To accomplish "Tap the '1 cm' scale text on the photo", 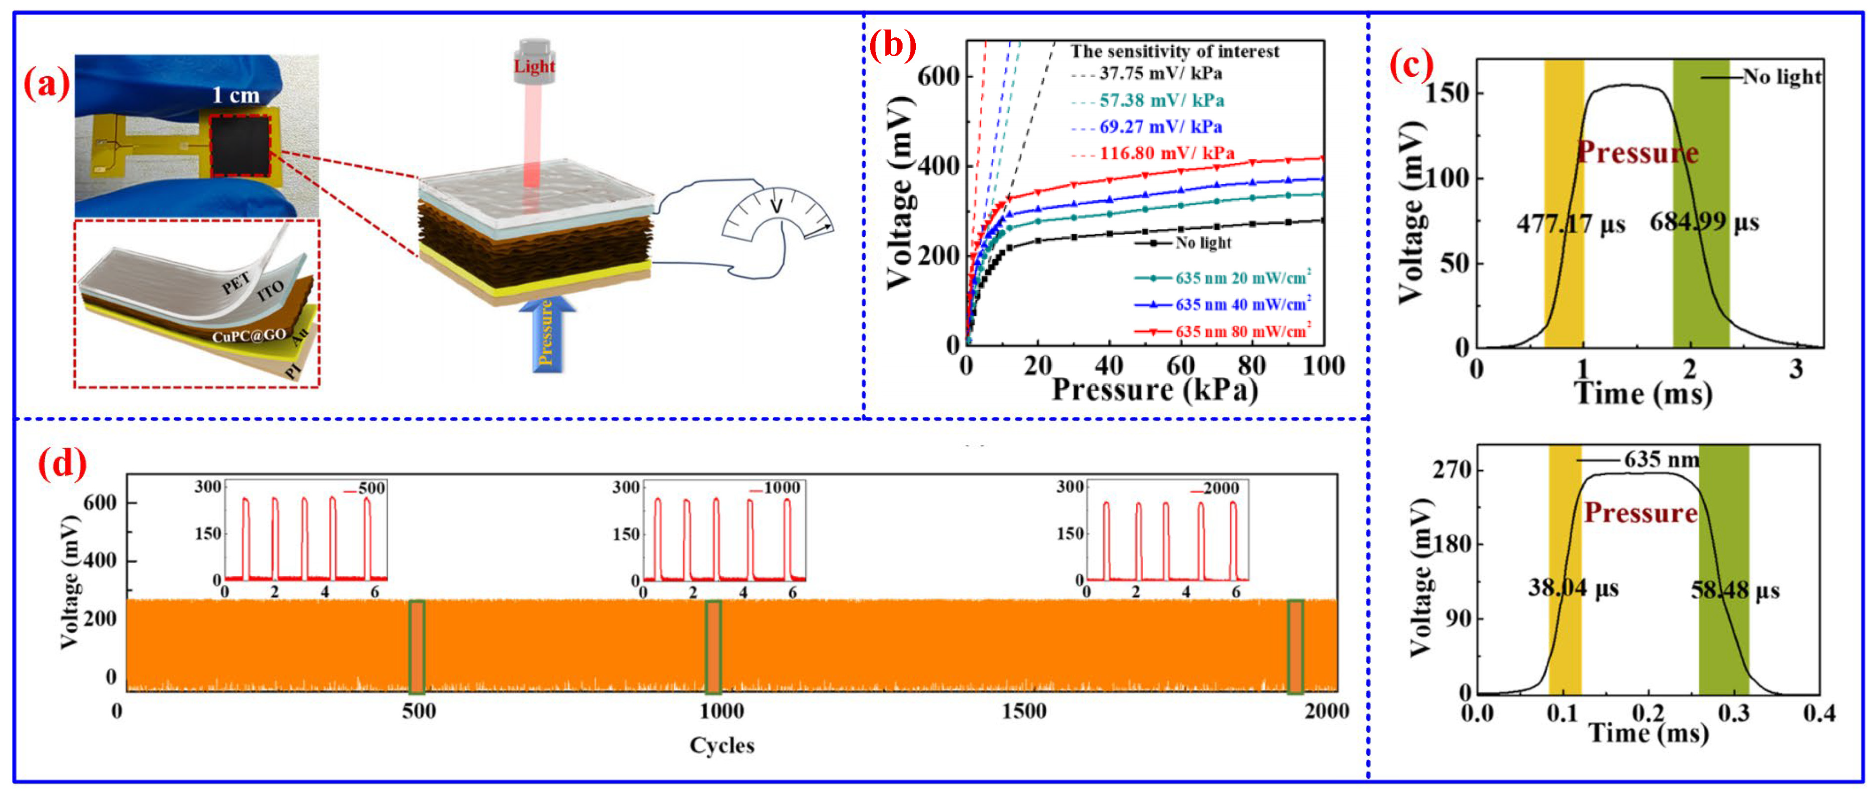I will coord(235,95).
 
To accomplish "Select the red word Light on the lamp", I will coord(534,66).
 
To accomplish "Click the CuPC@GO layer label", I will coord(249,336).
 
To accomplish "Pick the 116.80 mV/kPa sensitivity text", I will coord(1166,153).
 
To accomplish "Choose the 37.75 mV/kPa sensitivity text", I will coord(1160,73).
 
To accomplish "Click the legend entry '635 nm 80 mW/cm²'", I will coord(1242,331).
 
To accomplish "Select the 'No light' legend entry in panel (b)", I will coord(1202,243).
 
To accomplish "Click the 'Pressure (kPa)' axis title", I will coord(1155,390).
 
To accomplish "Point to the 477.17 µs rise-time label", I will coord(1570,223).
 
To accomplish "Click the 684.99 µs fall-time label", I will coord(1704,222).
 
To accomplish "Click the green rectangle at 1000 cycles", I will coord(713,647).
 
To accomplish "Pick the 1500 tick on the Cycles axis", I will coord(1024,711).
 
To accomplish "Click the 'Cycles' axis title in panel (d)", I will coord(721,745).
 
